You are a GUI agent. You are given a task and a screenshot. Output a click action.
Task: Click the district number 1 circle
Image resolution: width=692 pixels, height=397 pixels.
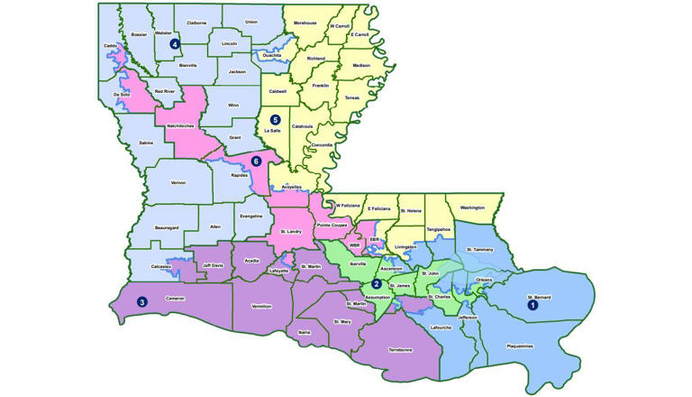[x=533, y=305]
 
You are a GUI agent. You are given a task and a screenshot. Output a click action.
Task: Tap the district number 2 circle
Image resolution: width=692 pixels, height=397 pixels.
[x=376, y=284]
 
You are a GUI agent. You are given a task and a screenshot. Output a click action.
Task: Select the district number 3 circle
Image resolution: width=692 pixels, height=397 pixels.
[x=141, y=301]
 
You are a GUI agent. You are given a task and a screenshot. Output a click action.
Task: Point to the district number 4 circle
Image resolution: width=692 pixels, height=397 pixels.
[x=175, y=42]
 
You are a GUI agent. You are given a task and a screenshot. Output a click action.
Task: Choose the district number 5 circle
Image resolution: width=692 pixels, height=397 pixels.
[x=275, y=119]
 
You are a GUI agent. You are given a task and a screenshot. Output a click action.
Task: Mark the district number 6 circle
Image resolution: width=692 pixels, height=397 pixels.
[x=257, y=161]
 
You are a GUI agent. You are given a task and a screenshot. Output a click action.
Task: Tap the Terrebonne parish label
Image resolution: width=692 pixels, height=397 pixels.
[x=399, y=348]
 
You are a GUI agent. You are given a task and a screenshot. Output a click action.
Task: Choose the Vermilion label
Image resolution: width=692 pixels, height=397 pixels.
[x=261, y=305]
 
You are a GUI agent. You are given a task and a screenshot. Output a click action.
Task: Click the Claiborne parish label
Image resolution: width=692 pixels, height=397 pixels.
[x=196, y=22]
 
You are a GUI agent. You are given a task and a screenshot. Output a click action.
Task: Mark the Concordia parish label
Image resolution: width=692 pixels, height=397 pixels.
[x=322, y=145]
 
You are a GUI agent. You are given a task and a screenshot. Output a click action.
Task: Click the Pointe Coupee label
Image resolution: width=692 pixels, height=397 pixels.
[x=332, y=224]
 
